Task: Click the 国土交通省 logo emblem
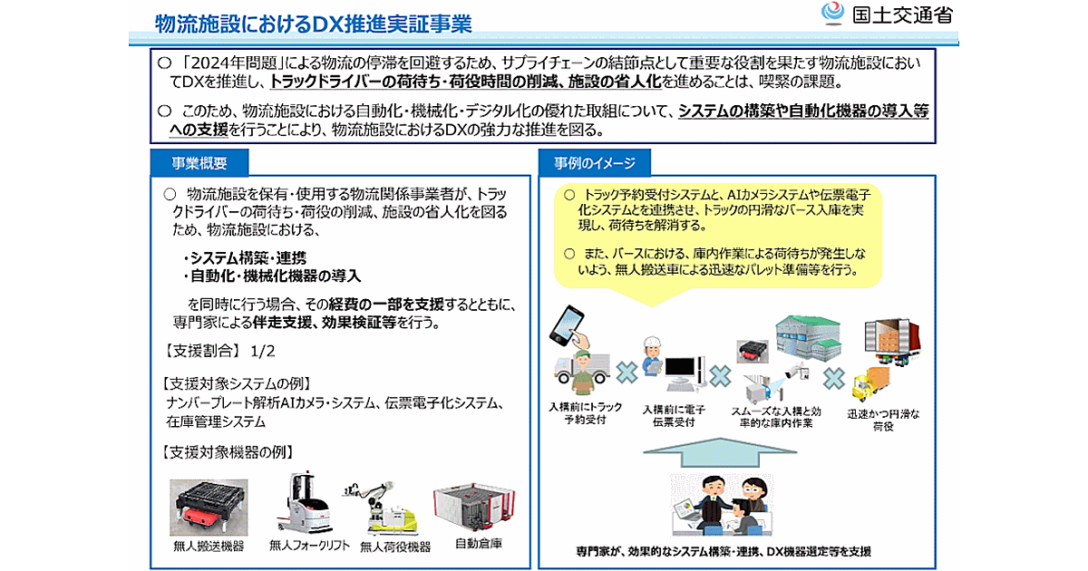click(x=832, y=14)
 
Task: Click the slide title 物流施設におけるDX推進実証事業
click(x=314, y=24)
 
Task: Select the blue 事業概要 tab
click(x=199, y=163)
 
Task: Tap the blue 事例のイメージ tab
click(x=595, y=163)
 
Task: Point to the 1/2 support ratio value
click(x=262, y=351)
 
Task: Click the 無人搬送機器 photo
click(x=209, y=508)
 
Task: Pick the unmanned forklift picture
click(x=305, y=503)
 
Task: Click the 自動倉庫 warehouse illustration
click(x=474, y=508)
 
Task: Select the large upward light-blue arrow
click(x=720, y=452)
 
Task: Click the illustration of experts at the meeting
click(x=722, y=505)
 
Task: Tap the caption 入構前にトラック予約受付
click(x=586, y=413)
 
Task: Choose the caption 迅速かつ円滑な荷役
click(x=883, y=420)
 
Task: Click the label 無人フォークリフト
click(x=309, y=546)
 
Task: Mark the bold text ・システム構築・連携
click(x=246, y=257)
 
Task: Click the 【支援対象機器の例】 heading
click(x=228, y=452)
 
